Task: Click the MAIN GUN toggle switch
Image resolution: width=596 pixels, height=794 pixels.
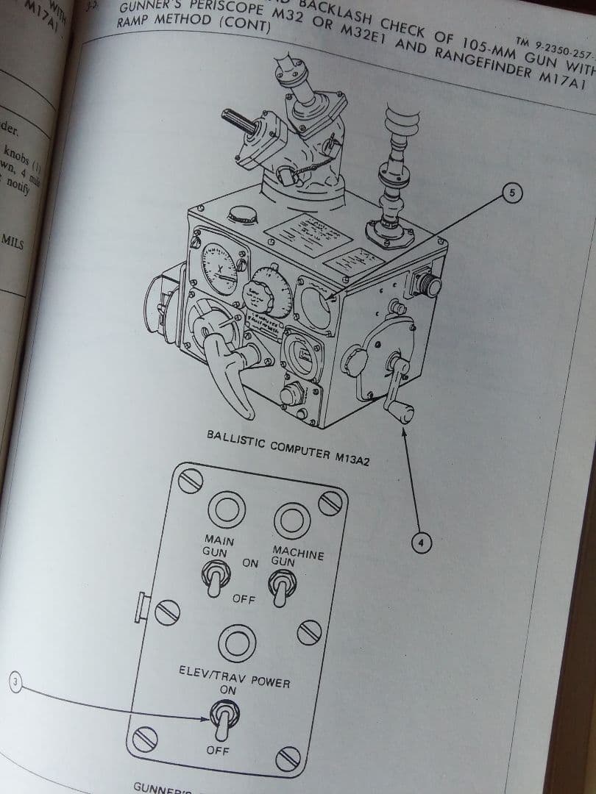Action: (216, 579)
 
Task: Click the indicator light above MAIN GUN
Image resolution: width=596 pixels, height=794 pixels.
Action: (224, 509)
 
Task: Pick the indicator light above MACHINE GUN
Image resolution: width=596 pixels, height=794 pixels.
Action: (290, 518)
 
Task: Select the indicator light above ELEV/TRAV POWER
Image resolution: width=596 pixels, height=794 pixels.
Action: (236, 644)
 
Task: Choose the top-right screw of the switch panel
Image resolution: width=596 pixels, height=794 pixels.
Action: (330, 503)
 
